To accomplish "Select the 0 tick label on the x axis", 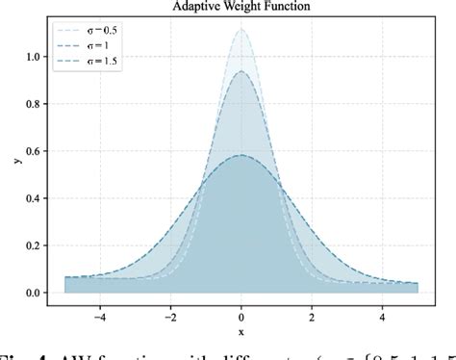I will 241,313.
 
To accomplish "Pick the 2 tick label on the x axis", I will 312,313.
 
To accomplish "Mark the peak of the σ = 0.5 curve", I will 241,29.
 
